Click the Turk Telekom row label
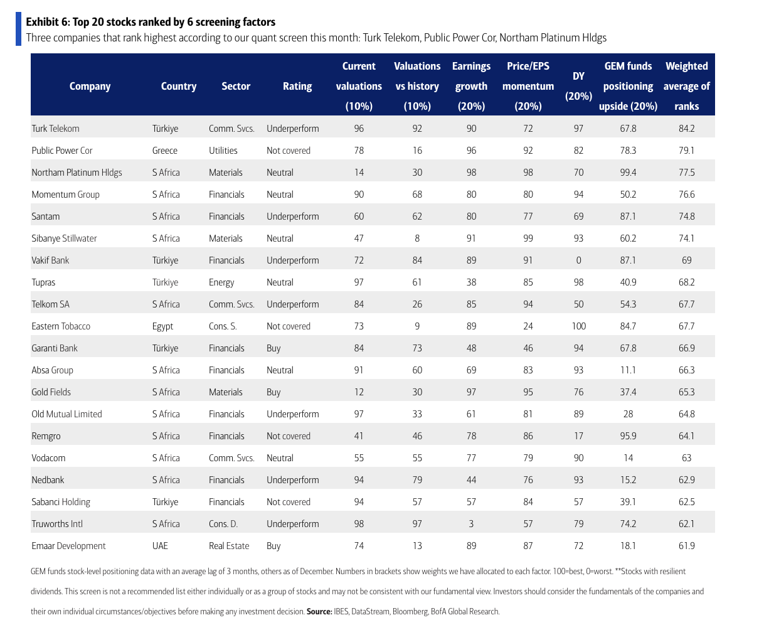click(x=55, y=129)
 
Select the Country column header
click(x=179, y=87)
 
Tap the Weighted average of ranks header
click(x=687, y=87)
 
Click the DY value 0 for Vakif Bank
click(x=578, y=260)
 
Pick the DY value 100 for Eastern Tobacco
click(x=578, y=326)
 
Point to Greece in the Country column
click(x=165, y=151)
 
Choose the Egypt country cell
click(x=162, y=326)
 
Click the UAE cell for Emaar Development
click(x=160, y=546)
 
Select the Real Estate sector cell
click(x=229, y=546)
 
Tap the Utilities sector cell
click(x=223, y=151)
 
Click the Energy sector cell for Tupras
click(x=221, y=282)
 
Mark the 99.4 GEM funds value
click(x=628, y=173)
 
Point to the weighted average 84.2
click(x=687, y=129)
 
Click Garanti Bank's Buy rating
click(x=273, y=348)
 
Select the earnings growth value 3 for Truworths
click(x=471, y=524)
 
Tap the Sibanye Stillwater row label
click(x=64, y=238)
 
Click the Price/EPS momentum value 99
click(x=528, y=238)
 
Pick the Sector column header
click(x=236, y=87)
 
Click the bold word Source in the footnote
click(x=318, y=611)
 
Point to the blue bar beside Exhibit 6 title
click(x=18, y=29)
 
